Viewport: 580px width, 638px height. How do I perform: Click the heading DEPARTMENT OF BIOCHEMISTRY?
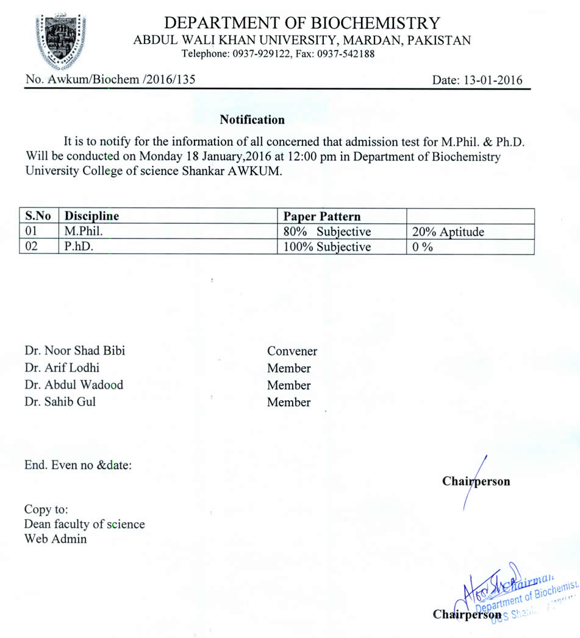(302, 23)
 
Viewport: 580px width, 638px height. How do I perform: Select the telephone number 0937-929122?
(260, 54)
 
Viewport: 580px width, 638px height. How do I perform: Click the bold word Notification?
(252, 120)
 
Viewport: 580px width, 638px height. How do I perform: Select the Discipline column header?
(92, 216)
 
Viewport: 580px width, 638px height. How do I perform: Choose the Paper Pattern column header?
(322, 216)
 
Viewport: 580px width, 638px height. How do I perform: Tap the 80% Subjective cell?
(327, 232)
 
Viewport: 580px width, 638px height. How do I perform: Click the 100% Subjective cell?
(327, 247)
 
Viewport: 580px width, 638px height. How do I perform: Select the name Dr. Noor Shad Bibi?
(75, 351)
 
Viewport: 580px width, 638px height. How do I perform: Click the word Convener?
(292, 351)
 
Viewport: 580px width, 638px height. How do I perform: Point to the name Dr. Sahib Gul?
(60, 401)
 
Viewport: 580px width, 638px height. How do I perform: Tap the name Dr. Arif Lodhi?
(62, 368)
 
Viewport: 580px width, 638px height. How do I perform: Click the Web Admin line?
(55, 539)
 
